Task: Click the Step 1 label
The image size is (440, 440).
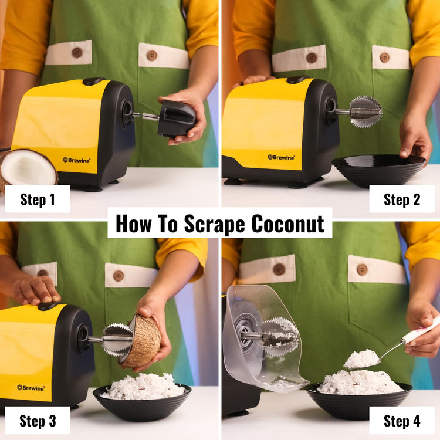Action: [38, 199]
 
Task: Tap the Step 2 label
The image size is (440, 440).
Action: [402, 199]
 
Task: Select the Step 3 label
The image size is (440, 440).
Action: [38, 421]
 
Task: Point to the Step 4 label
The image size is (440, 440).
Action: [402, 421]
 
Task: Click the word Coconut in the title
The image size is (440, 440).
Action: [287, 224]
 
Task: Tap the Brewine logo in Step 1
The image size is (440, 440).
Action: [76, 160]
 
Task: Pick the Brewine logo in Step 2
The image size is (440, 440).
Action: [281, 157]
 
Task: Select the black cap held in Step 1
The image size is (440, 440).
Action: [175, 119]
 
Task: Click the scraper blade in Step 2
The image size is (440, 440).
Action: [365, 112]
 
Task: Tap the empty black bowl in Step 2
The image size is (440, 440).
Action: [379, 170]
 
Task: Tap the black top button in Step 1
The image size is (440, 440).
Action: [94, 81]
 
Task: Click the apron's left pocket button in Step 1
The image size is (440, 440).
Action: [77, 52]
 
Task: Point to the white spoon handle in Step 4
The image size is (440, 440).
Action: [419, 330]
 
